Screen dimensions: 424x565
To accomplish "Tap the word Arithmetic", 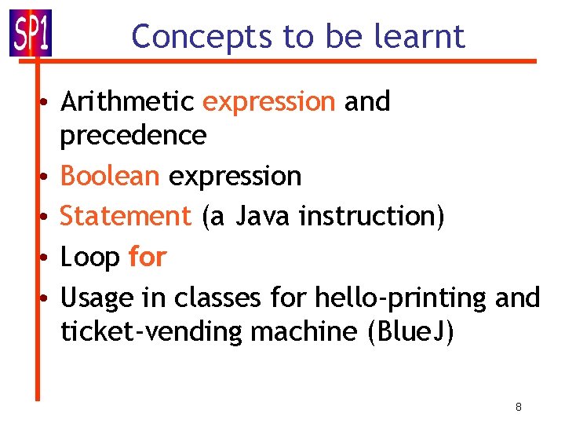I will (x=127, y=101).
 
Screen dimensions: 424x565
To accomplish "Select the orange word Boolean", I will (x=110, y=176).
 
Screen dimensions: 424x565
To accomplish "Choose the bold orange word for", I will (x=148, y=256).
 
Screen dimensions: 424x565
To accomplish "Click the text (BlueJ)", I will (x=410, y=332).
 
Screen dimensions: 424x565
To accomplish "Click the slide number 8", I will (x=519, y=407).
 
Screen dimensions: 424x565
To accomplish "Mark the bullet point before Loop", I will (x=47, y=257).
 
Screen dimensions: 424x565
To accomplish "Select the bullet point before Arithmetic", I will (x=47, y=102).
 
